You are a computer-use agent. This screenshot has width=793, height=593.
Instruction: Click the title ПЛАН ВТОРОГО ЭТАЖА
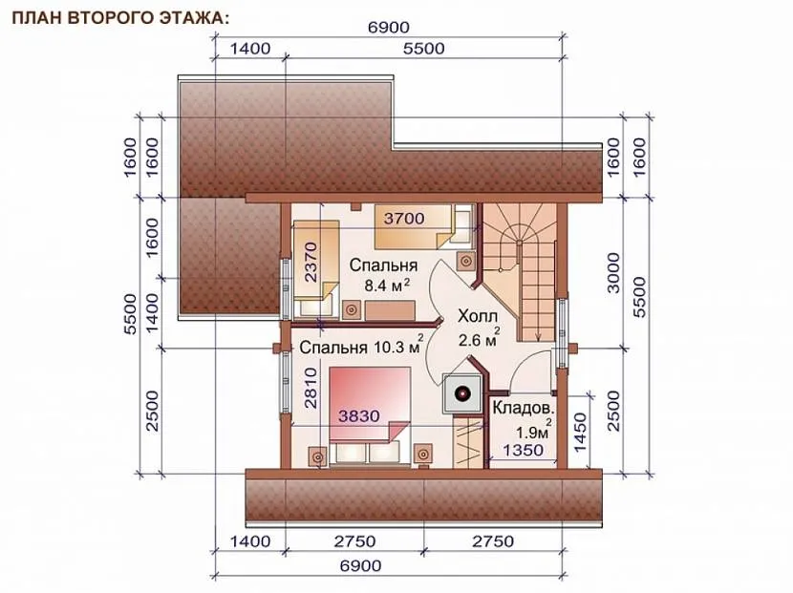point(120,18)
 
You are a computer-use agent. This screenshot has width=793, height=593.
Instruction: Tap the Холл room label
point(478,316)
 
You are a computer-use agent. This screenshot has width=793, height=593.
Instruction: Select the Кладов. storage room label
point(523,408)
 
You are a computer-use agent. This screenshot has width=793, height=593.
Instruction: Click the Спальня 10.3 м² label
point(361,347)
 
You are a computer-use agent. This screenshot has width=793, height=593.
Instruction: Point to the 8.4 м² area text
point(387,286)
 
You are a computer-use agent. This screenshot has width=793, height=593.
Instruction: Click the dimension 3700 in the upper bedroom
point(403,219)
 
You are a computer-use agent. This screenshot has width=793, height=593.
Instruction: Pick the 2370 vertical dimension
point(311,262)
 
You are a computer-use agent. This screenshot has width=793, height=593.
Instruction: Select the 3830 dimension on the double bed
point(358,416)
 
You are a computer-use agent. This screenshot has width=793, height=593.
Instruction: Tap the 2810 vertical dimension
point(311,388)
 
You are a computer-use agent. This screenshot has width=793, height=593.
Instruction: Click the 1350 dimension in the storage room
point(523,450)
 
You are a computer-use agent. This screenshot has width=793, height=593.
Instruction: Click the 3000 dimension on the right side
point(613,273)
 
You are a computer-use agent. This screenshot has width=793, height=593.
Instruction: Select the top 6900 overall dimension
point(389,27)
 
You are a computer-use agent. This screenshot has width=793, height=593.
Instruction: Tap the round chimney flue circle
point(462,392)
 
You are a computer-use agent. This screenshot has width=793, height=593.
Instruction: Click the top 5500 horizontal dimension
point(424,49)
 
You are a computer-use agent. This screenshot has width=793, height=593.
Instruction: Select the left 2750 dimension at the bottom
point(354,541)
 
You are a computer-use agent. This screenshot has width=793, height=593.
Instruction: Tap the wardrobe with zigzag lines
point(467,441)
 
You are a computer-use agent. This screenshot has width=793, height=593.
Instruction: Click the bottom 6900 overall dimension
point(360,565)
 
